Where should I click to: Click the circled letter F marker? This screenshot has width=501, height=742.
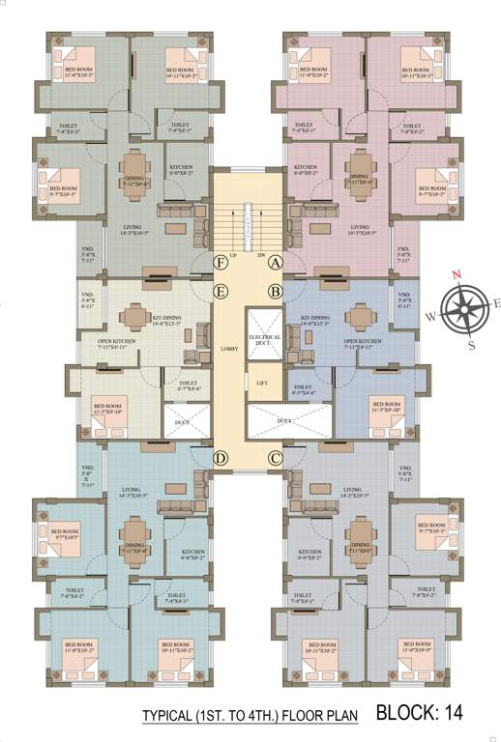click(221, 262)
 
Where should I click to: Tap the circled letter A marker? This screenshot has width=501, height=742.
click(275, 262)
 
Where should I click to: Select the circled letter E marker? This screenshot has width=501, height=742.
click(221, 291)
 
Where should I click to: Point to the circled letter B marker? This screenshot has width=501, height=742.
click(275, 291)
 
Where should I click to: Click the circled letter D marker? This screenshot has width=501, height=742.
click(221, 458)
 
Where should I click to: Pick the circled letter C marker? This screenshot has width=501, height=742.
click(275, 458)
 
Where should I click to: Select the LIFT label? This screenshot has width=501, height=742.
click(261, 384)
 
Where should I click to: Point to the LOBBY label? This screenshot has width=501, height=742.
click(229, 348)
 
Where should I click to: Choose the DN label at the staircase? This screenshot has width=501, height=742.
click(261, 255)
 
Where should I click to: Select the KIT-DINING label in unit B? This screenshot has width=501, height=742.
click(316, 318)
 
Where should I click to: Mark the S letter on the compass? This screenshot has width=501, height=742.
click(471, 344)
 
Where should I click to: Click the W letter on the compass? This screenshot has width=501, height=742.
click(431, 315)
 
